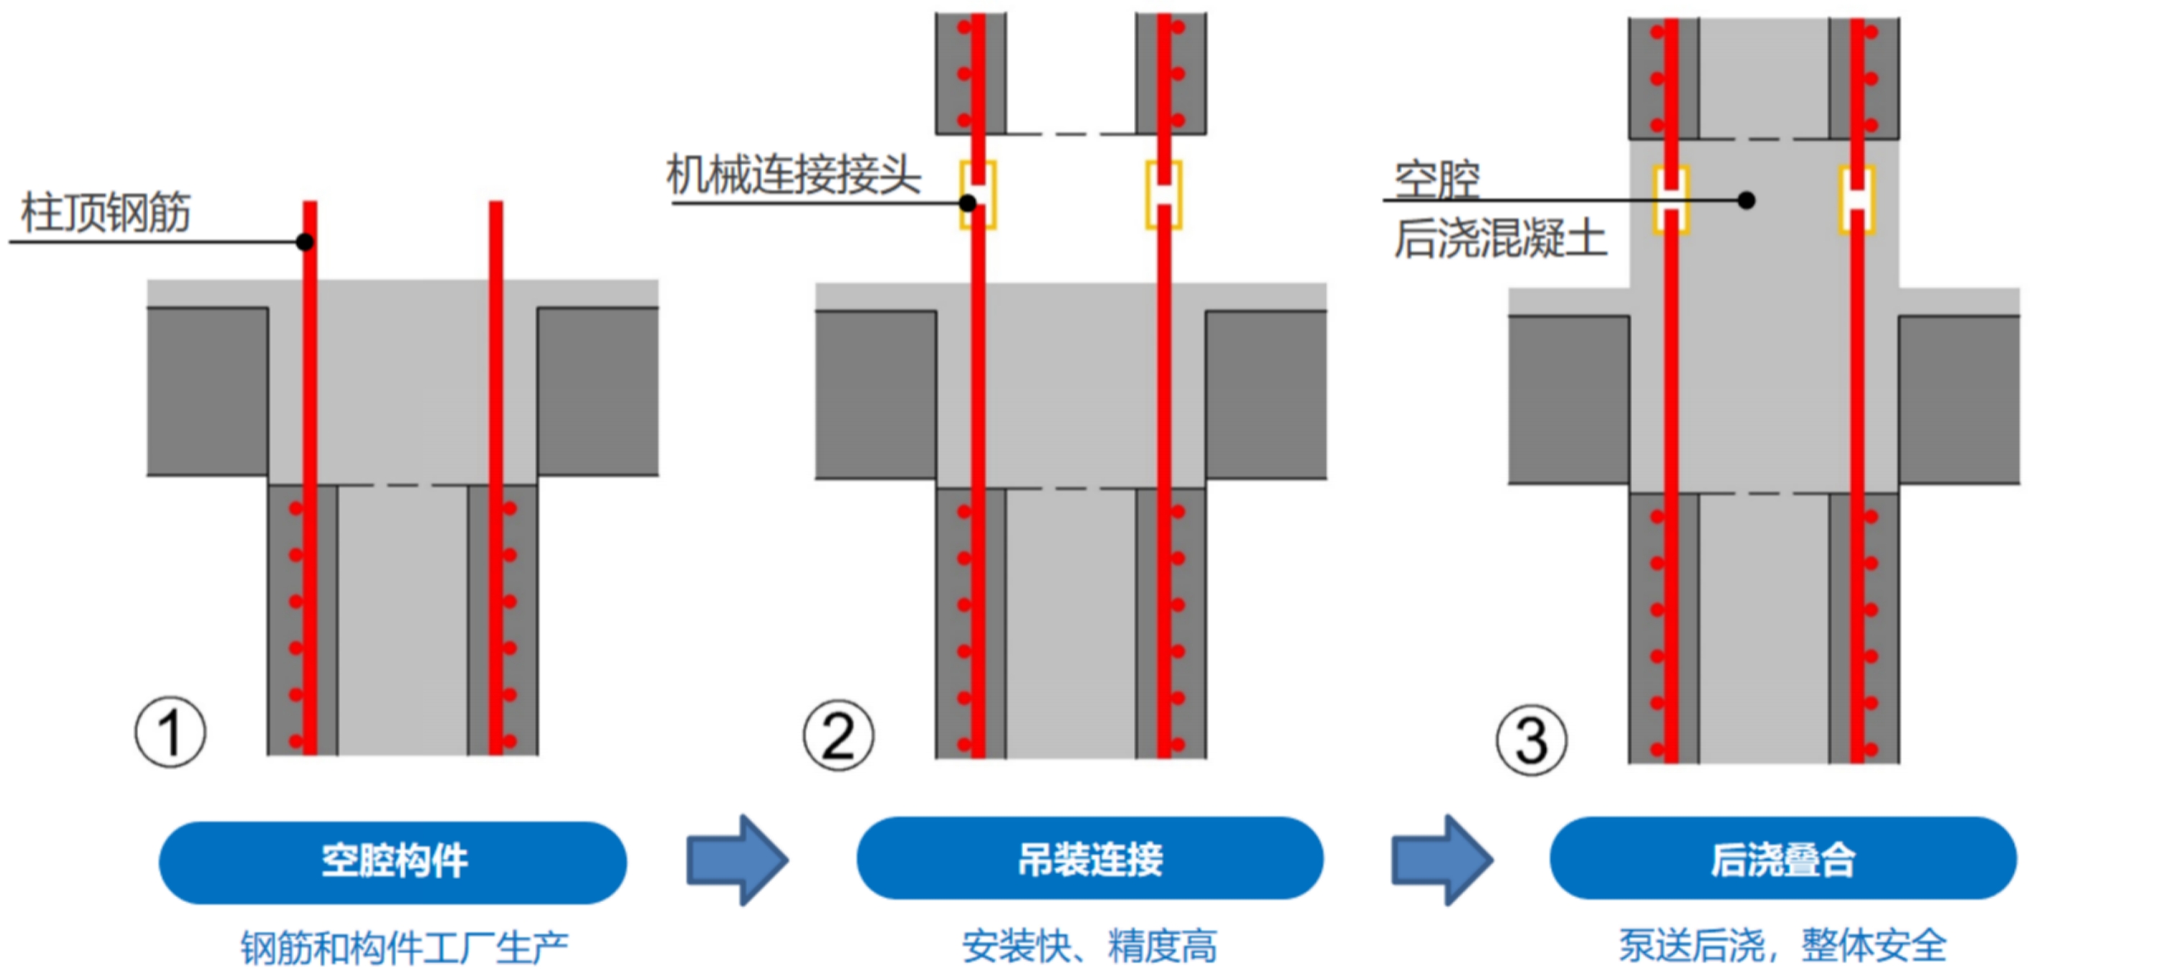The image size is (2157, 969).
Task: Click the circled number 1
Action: click(170, 732)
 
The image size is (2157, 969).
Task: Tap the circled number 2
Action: click(838, 735)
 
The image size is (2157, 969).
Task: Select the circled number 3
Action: click(1531, 740)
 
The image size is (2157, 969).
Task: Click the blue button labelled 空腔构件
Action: click(393, 862)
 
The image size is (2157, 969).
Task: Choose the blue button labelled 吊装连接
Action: click(1089, 858)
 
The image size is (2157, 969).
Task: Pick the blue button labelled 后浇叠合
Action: click(1782, 858)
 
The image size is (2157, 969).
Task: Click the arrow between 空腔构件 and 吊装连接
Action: click(737, 860)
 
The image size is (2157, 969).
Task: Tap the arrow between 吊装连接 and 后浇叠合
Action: click(1442, 860)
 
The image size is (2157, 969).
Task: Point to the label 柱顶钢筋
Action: click(106, 212)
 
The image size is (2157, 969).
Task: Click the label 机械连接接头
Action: click(794, 175)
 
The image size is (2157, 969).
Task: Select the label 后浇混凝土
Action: click(1500, 238)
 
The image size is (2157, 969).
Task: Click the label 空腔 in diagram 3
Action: click(1437, 178)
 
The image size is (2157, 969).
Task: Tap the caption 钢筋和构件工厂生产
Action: click(404, 947)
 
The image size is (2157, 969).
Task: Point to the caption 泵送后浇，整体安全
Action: click(1782, 945)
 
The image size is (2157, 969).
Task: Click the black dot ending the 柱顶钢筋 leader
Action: click(305, 242)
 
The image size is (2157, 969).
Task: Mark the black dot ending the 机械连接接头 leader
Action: click(968, 203)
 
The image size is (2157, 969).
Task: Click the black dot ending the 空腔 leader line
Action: click(1746, 200)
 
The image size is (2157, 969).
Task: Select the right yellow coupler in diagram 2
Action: click(1163, 194)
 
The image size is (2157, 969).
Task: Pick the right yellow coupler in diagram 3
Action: click(1856, 200)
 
